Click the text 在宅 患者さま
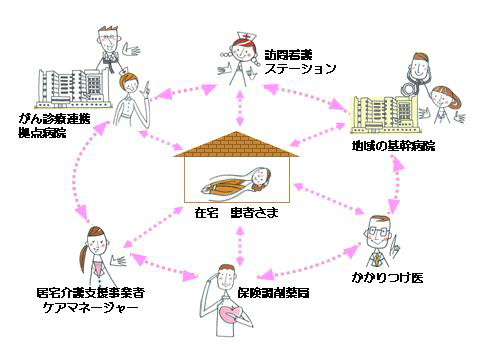pyautogui.click(x=239, y=213)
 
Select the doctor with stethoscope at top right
pyautogui.click(x=420, y=75)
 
